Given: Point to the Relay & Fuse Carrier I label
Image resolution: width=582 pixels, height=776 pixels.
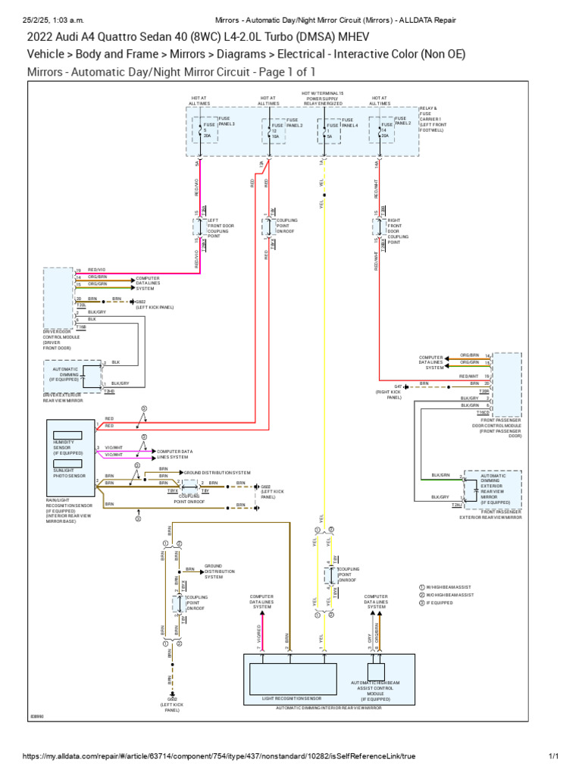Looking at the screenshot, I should [431, 118].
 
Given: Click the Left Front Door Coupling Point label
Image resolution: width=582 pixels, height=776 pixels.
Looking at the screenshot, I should [221, 228].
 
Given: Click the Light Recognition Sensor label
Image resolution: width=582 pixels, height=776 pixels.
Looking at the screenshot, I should [291, 697].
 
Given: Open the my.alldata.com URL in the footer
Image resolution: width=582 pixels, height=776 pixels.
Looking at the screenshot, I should [219, 756].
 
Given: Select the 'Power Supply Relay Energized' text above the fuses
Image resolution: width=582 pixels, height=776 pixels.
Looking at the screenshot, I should [323, 100].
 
